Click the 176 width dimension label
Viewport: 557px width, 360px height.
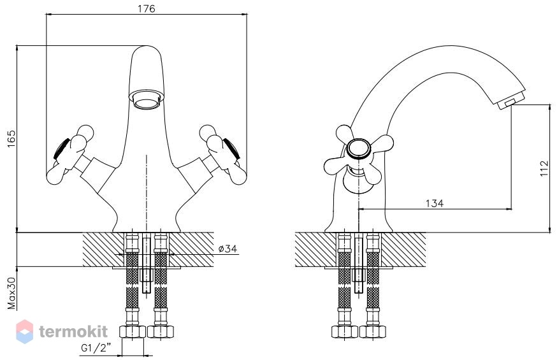click(147, 8)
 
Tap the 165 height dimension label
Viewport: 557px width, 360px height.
click(11, 139)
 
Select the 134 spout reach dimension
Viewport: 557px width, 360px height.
click(435, 203)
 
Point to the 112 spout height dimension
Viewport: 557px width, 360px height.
click(544, 169)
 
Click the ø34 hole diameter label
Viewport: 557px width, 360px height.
click(228, 248)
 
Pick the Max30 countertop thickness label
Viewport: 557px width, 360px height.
click(11, 293)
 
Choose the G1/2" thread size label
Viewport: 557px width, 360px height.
click(96, 348)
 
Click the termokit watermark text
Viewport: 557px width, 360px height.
click(73, 332)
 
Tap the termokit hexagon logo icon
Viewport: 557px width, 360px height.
click(24, 331)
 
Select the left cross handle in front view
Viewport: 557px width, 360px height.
click(71, 154)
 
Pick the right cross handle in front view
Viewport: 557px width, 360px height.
click(222, 154)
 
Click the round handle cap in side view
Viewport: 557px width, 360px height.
click(359, 148)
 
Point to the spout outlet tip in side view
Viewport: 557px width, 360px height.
click(511, 103)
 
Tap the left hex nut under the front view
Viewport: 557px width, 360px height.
click(132, 331)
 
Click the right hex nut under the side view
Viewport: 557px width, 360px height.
click(373, 331)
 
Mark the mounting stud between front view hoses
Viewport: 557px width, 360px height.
click(147, 263)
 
